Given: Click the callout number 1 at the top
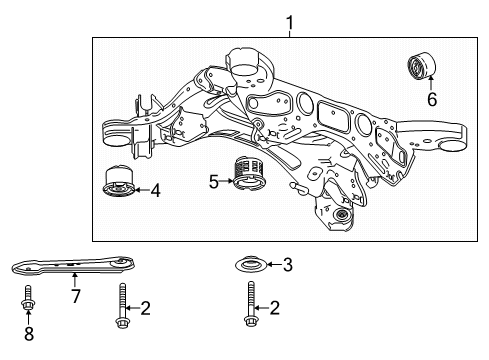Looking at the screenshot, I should tap(290, 21).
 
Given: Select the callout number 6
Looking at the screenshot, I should tap(432, 100).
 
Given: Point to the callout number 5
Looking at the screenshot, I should tap(213, 181).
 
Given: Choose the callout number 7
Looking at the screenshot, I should tap(75, 297).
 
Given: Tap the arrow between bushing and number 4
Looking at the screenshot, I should tap(142, 188).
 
